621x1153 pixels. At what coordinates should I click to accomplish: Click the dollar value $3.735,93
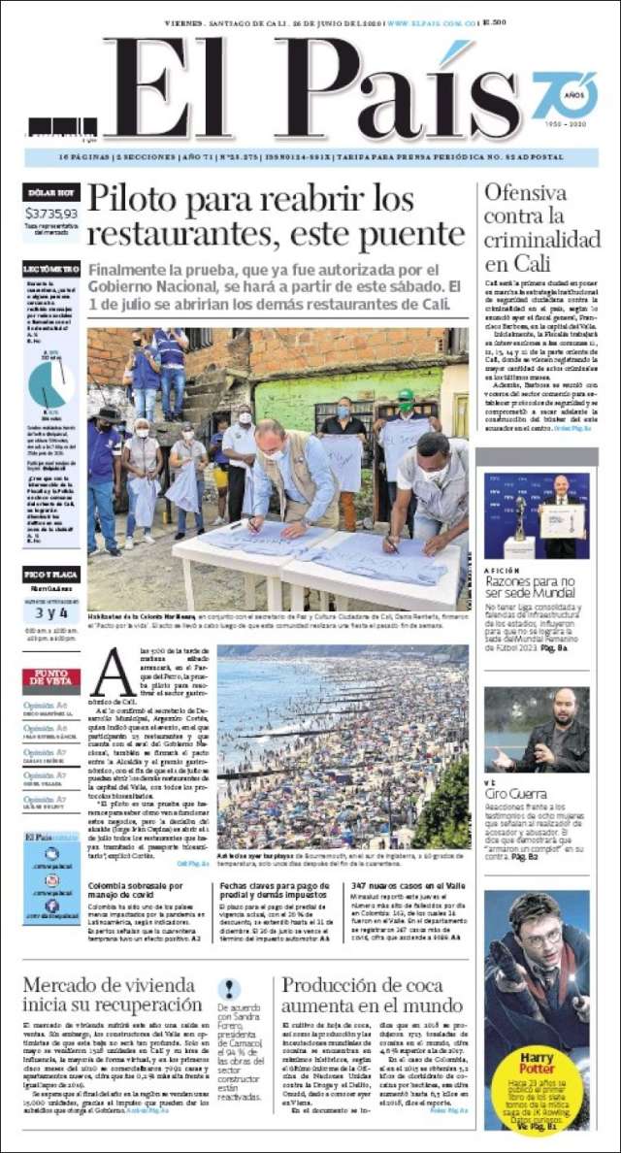[51, 213]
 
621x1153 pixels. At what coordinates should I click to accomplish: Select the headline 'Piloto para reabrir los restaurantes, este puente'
[276, 216]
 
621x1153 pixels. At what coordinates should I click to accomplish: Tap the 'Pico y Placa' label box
[51, 575]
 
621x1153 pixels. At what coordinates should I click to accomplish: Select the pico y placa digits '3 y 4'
[51, 612]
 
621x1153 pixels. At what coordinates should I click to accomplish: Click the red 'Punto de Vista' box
[51, 678]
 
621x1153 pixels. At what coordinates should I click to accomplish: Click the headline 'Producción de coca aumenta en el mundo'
[373, 994]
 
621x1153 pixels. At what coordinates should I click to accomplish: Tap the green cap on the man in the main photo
[407, 395]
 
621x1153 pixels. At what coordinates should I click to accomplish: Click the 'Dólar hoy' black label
[51, 192]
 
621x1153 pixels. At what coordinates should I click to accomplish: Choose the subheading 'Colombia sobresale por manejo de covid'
[135, 891]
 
